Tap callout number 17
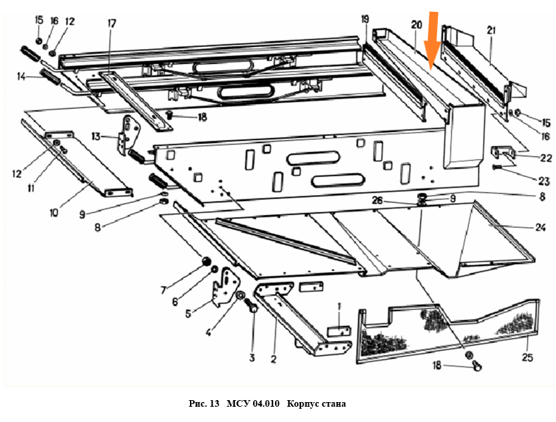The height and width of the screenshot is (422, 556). (x=112, y=24)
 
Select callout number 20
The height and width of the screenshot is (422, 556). (x=417, y=25)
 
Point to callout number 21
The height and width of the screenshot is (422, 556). (x=491, y=30)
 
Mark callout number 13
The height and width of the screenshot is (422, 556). (x=96, y=137)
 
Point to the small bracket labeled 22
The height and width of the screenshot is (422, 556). (x=504, y=154)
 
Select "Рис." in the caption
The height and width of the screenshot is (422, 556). (x=199, y=404)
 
